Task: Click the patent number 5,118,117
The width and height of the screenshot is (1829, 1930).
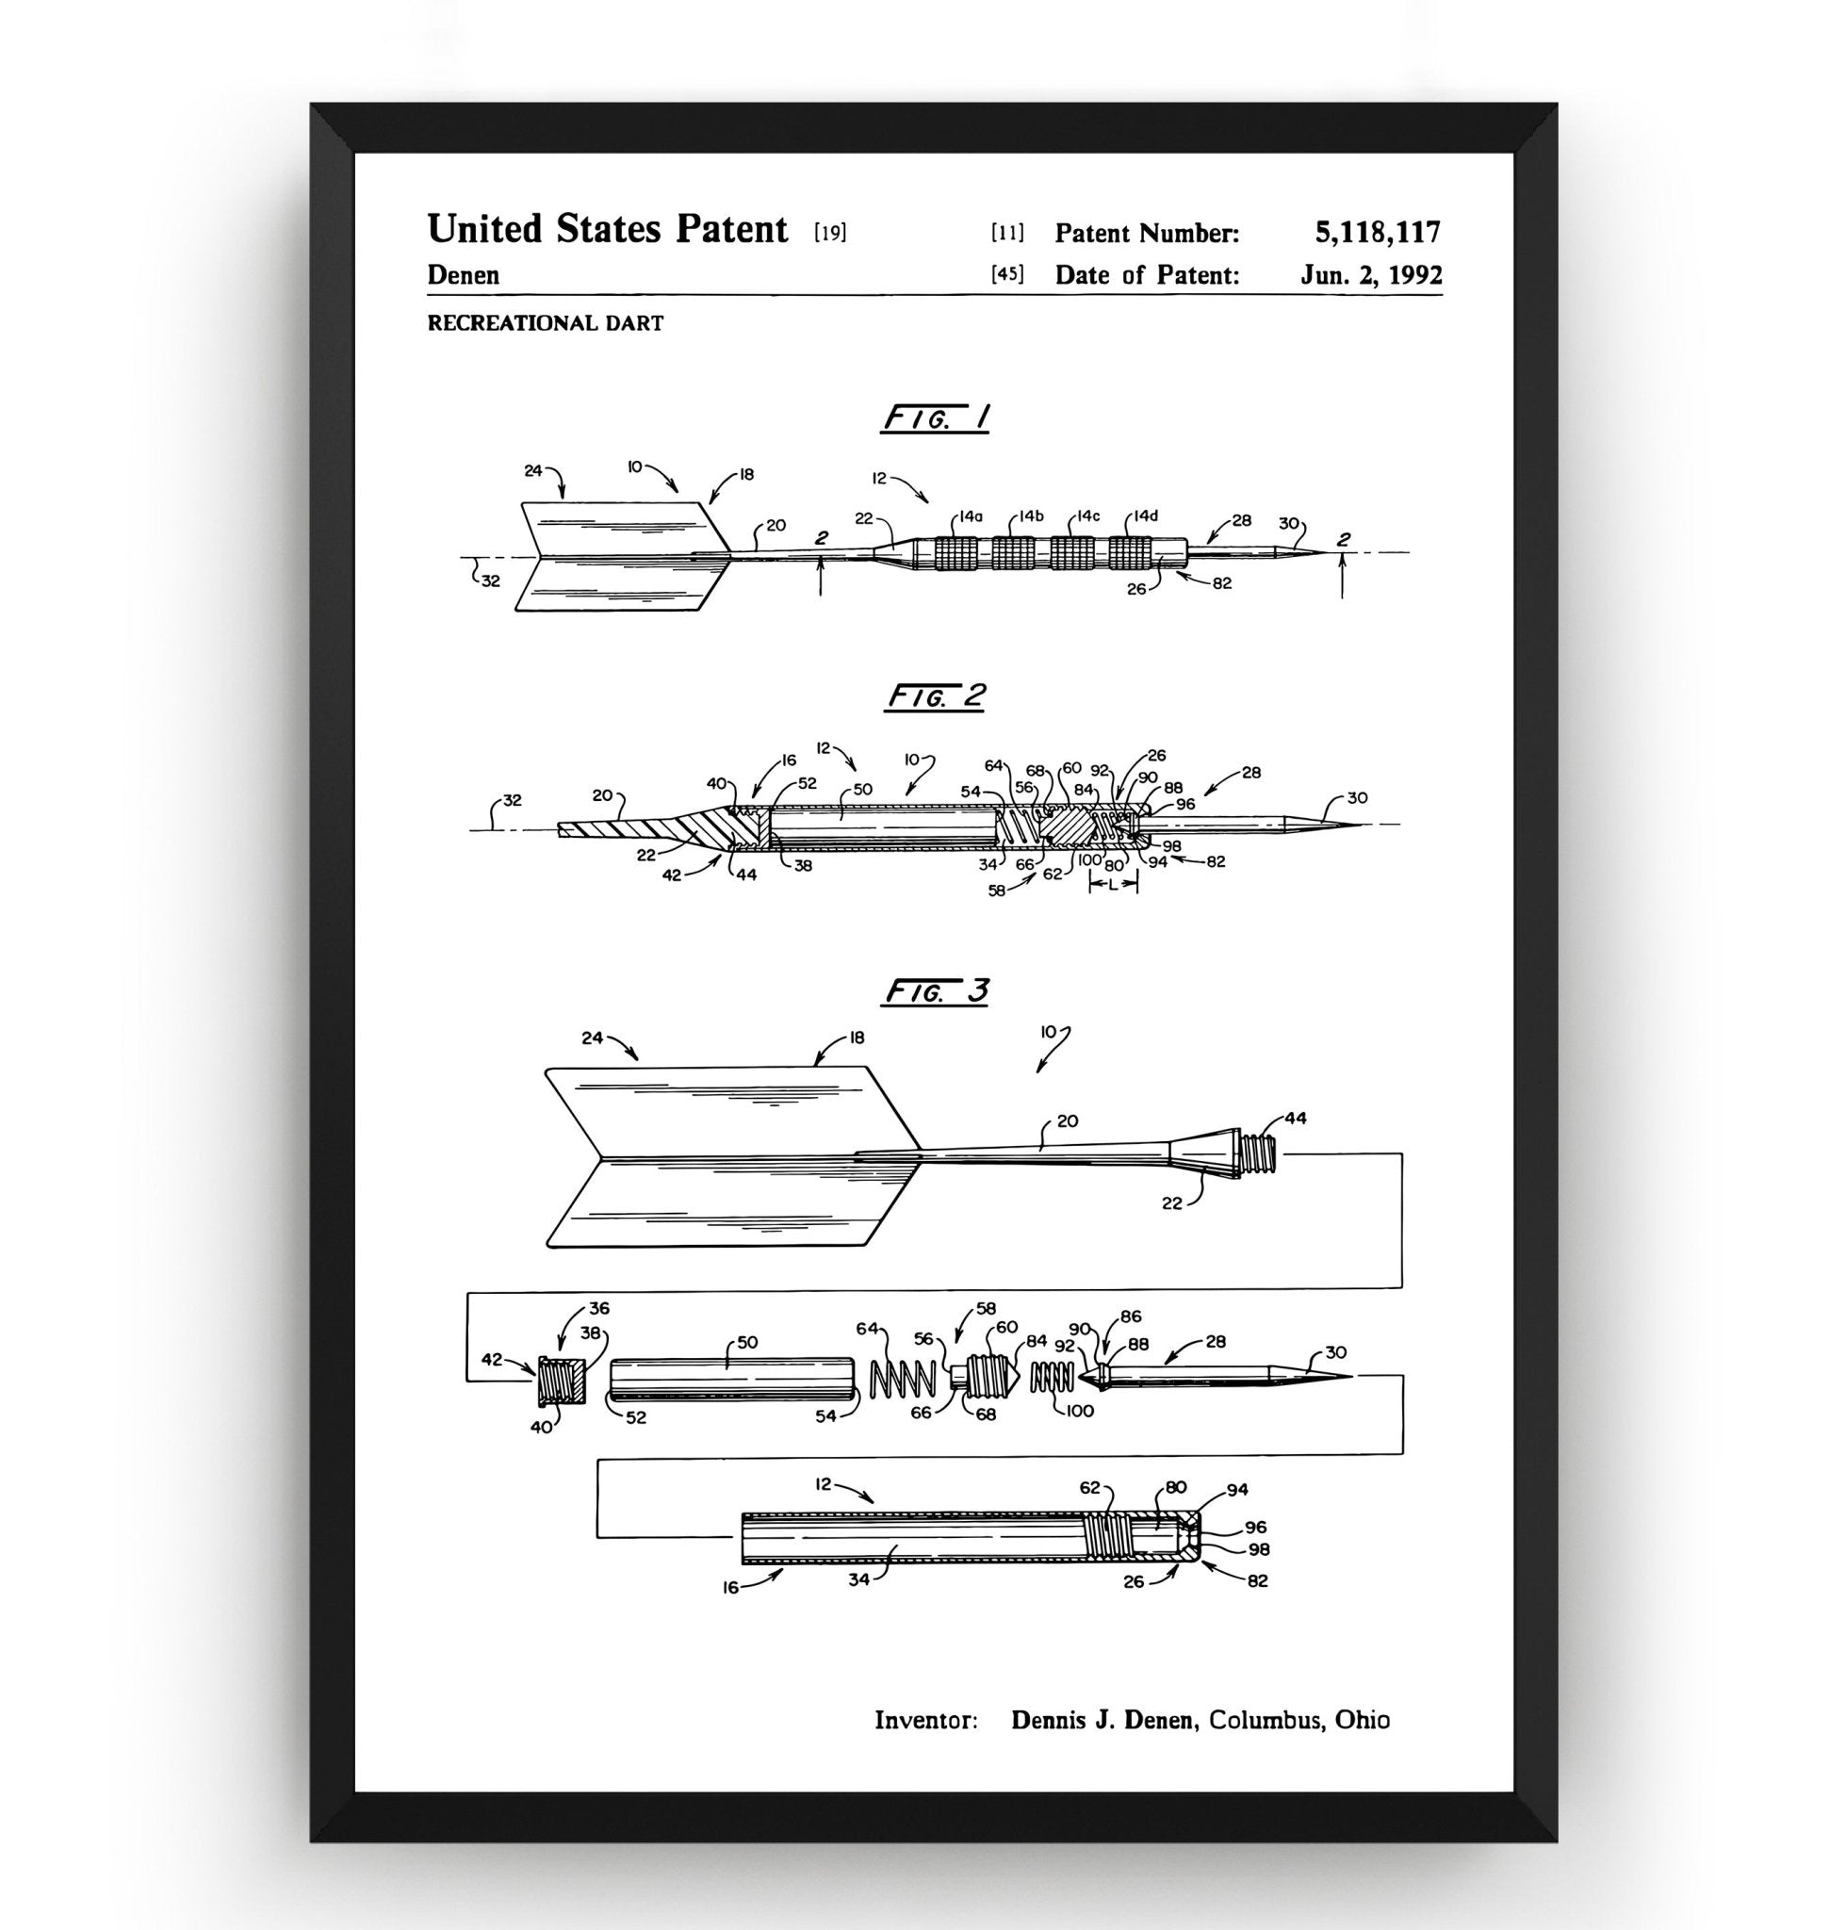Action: (x=1377, y=232)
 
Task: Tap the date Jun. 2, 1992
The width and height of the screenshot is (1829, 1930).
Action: (x=1371, y=275)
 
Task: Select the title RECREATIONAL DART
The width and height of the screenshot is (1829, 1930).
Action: (x=545, y=323)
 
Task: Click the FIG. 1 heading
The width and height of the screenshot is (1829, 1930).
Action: (x=936, y=418)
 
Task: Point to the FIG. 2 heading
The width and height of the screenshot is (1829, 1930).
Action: (x=936, y=696)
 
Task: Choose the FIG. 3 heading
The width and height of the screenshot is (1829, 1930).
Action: (x=936, y=991)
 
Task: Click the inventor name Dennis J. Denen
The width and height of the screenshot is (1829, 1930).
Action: (x=1102, y=1719)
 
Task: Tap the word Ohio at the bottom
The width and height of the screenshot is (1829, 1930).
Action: (x=1362, y=1719)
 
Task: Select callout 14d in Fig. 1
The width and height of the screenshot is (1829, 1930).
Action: (x=1146, y=515)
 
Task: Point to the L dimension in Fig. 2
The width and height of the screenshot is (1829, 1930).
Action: (x=1113, y=885)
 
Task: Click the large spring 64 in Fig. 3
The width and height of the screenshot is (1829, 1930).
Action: (x=902, y=1377)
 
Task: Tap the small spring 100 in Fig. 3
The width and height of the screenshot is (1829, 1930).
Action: (x=1052, y=1377)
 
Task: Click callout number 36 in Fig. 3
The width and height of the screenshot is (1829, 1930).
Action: (x=598, y=1309)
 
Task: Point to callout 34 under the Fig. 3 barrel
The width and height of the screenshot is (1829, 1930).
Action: (x=857, y=1578)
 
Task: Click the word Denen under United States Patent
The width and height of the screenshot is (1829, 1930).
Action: (x=463, y=275)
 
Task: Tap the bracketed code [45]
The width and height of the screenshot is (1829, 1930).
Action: (x=1008, y=275)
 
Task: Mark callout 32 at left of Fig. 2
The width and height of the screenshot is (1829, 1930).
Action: (x=512, y=800)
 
